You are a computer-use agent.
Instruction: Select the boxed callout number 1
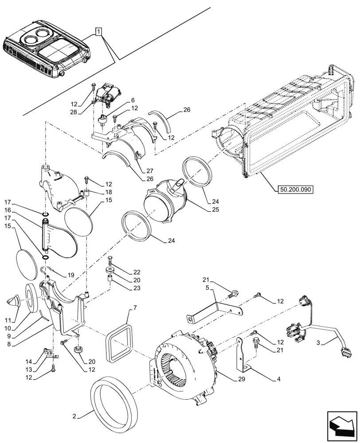(x=98, y=31)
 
